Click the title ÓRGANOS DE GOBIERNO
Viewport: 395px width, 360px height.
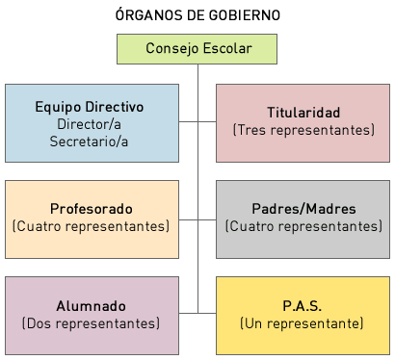[197, 16]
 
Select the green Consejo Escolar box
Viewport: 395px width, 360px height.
[197, 48]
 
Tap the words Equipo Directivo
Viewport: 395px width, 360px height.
[91, 107]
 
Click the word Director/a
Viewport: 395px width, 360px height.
[91, 124]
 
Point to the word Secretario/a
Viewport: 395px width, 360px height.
[91, 141]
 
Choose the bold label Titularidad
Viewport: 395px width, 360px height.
[303, 112]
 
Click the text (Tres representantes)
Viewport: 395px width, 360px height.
[303, 129]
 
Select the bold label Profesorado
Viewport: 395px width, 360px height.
[91, 209]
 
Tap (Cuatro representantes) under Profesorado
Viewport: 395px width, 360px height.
[91, 226]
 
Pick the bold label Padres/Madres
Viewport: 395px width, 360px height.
[303, 209]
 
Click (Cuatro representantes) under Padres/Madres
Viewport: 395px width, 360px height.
[303, 226]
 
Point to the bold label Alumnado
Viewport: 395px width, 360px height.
[91, 305]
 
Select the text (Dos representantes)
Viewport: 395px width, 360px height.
[91, 322]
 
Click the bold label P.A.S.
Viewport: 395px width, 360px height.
[303, 305]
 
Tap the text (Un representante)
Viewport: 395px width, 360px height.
[303, 322]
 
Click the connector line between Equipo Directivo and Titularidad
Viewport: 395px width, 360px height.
[197, 122]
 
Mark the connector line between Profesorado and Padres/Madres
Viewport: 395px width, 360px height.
[197, 219]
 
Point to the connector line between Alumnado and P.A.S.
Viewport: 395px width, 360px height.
[197, 312]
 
